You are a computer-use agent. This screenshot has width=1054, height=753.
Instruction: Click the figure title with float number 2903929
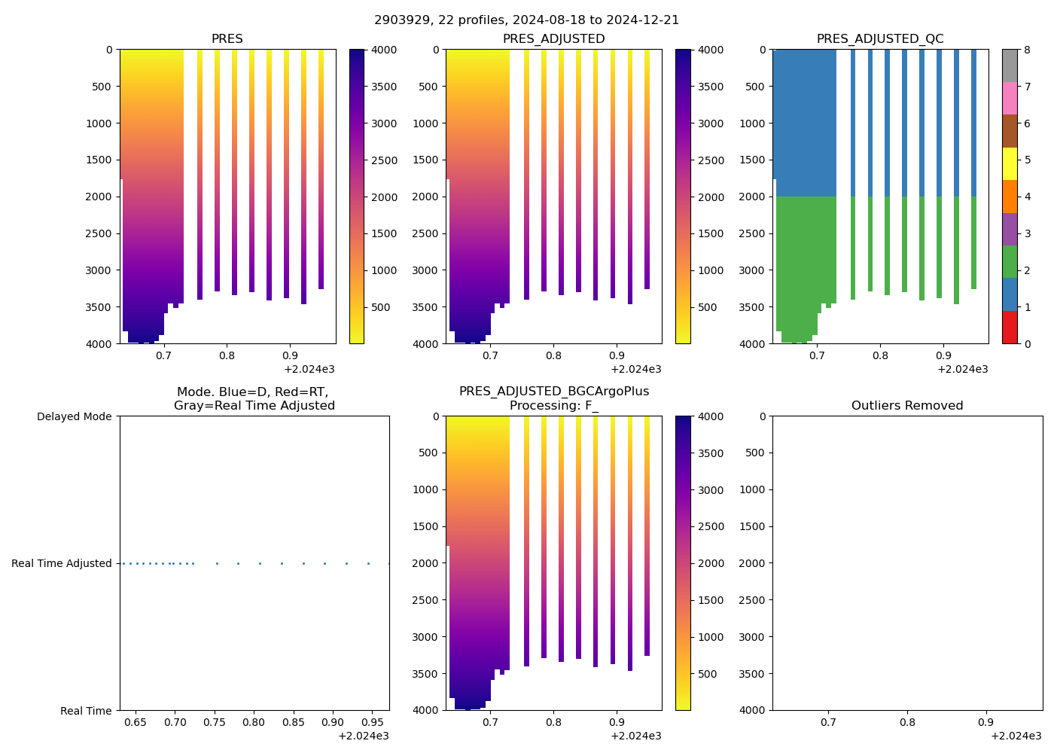click(526, 20)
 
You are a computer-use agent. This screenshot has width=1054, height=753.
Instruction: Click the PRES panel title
click(227, 39)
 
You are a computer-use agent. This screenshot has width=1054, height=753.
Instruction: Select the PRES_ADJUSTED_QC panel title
click(880, 39)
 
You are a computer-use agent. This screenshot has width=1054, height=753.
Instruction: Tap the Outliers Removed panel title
click(907, 406)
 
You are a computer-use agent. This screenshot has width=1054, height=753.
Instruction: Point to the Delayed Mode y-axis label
click(74, 416)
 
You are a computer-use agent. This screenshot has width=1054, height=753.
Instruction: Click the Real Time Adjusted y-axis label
click(62, 563)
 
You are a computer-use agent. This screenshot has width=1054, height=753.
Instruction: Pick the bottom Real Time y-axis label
click(86, 711)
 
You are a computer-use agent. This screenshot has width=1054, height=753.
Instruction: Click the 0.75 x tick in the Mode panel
click(215, 722)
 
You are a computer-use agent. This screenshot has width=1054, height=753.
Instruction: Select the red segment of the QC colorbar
click(1010, 327)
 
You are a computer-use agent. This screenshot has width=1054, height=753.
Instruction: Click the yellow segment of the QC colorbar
click(1010, 163)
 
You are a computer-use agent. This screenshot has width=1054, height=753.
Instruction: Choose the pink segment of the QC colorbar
click(1010, 98)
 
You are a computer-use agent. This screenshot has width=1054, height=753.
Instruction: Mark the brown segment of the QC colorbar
click(1010, 131)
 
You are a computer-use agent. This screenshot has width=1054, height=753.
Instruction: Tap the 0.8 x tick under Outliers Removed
click(907, 722)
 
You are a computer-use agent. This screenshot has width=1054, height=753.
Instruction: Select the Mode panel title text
click(254, 399)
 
